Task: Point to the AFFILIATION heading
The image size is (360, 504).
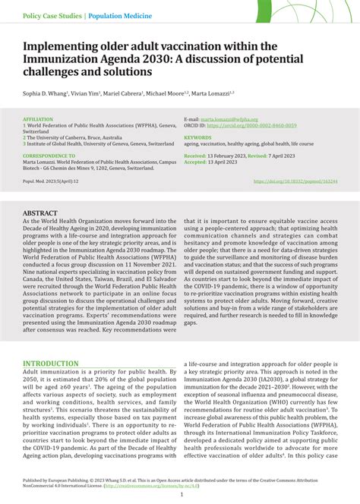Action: (x=38, y=119)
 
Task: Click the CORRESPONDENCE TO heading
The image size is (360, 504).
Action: (x=52, y=155)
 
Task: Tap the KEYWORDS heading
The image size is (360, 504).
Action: (x=197, y=137)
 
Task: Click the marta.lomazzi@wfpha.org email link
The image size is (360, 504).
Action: (x=228, y=119)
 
